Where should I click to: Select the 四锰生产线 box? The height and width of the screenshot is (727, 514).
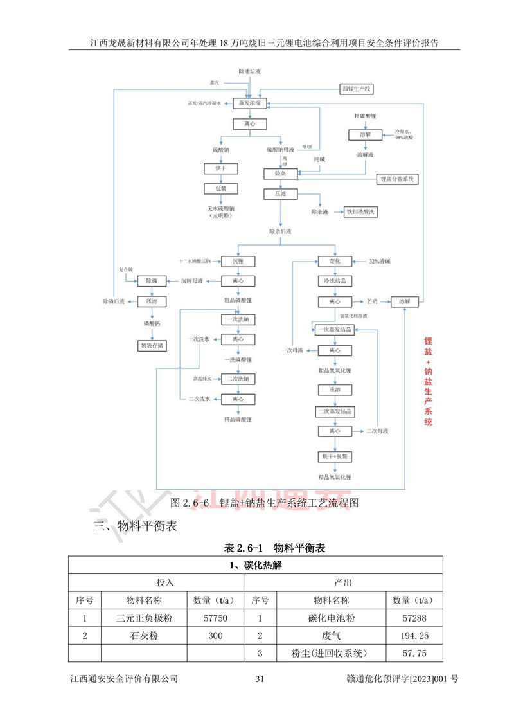pos(360,88)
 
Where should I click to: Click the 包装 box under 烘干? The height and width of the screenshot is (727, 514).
pos(211,188)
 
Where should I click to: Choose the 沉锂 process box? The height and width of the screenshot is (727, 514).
pos(238,261)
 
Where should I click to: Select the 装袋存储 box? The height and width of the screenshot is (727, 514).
pos(152,345)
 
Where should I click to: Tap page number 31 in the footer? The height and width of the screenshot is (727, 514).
pos(260,679)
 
